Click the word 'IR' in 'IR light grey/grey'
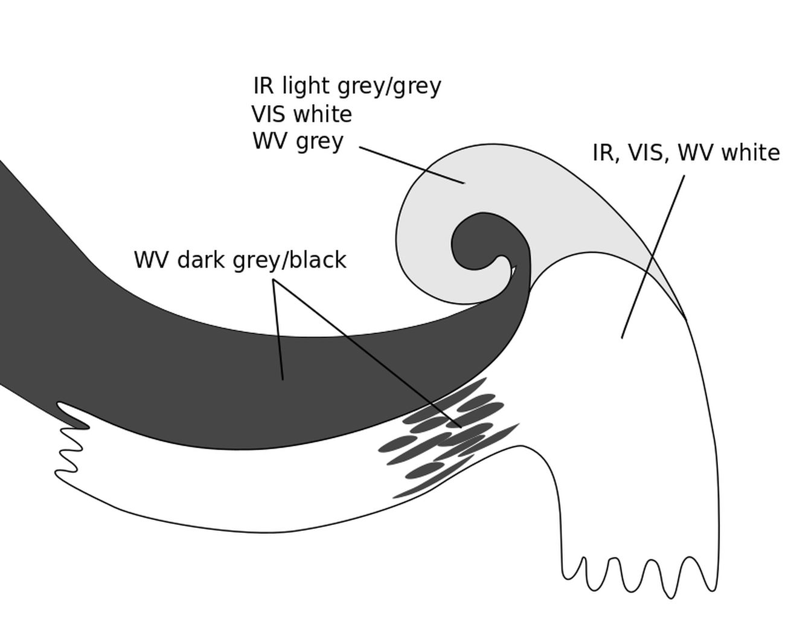point(264,86)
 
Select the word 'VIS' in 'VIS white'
point(268,114)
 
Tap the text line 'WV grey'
point(298,141)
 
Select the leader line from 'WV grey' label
point(412,164)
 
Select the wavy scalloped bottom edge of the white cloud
point(640,577)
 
